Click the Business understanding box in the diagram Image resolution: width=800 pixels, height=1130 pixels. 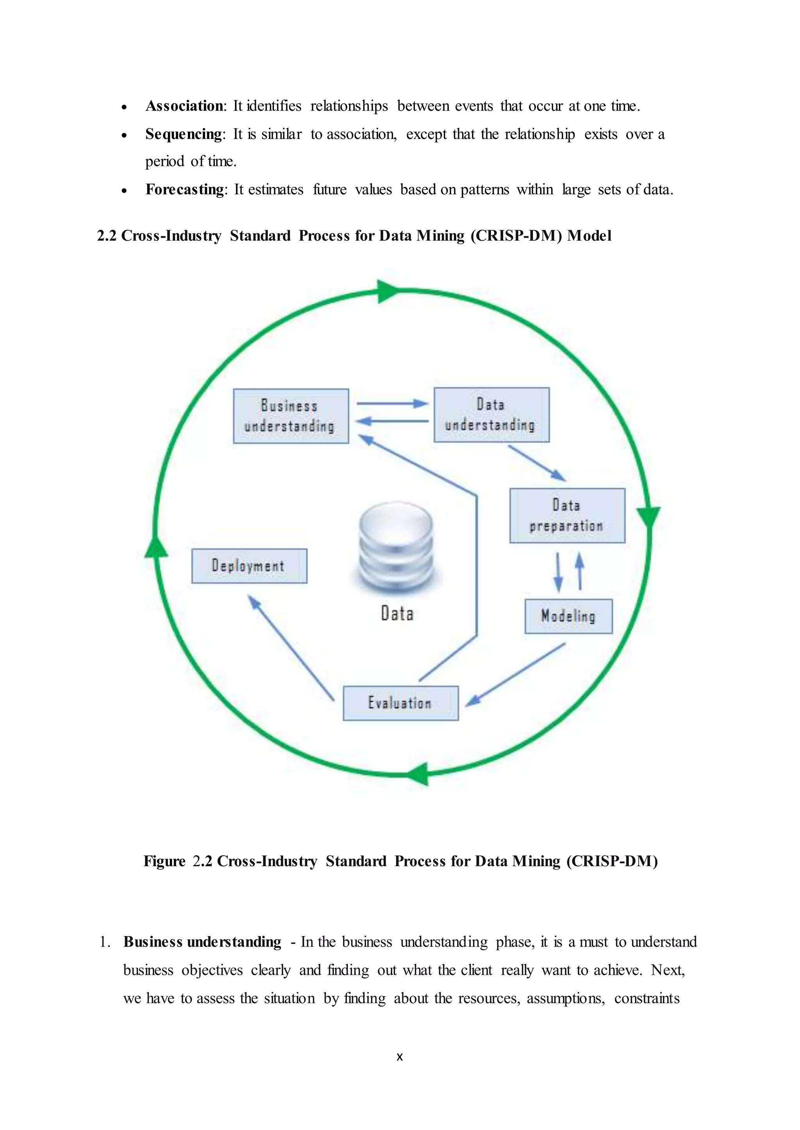click(x=291, y=416)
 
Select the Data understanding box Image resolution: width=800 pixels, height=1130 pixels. click(x=491, y=414)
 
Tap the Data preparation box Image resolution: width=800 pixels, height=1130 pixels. click(x=567, y=515)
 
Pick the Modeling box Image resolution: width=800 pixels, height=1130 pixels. click(x=568, y=616)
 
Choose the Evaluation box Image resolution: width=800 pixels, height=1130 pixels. click(x=400, y=703)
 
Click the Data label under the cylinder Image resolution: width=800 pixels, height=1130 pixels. click(x=397, y=613)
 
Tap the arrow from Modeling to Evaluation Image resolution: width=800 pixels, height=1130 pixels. click(x=515, y=674)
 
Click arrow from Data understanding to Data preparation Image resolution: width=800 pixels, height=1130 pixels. click(x=537, y=463)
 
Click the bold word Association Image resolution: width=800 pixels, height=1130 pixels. click(x=184, y=106)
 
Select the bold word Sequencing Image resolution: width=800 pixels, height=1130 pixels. click(x=183, y=134)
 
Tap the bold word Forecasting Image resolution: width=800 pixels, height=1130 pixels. click(x=185, y=190)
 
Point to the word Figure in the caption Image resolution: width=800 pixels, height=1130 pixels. click(x=164, y=861)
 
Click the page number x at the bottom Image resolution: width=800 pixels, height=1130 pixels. click(x=400, y=1057)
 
